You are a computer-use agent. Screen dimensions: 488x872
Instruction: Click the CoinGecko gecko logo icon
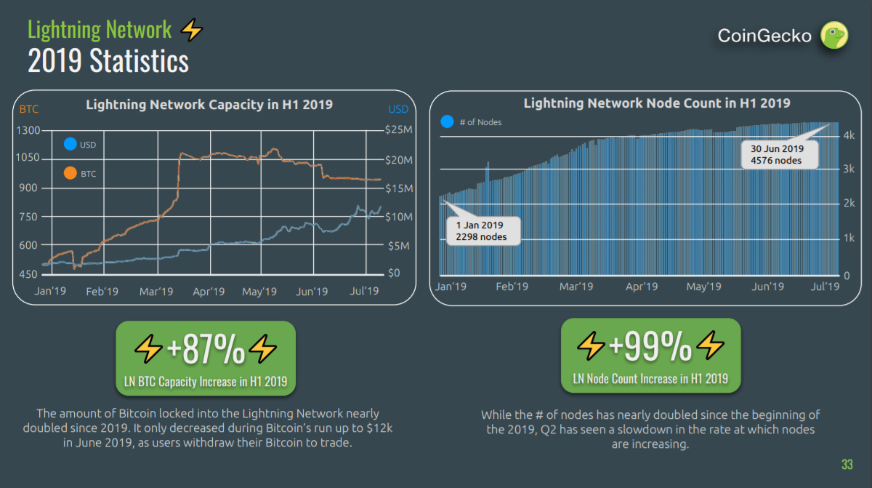click(x=834, y=35)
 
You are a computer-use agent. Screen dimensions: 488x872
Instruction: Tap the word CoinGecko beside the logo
click(x=764, y=36)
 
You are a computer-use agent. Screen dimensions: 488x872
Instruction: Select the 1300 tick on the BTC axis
click(x=31, y=130)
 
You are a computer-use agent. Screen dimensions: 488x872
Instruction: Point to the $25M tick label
click(x=398, y=130)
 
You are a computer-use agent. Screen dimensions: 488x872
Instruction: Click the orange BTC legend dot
click(x=70, y=174)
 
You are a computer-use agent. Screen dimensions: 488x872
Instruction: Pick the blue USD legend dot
click(x=70, y=145)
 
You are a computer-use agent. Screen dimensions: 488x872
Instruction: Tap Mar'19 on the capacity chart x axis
click(x=156, y=292)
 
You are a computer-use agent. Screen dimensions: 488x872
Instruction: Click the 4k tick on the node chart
click(x=848, y=136)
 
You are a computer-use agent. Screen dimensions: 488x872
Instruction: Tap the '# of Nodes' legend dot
click(x=447, y=122)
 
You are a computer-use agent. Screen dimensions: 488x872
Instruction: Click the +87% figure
click(x=206, y=351)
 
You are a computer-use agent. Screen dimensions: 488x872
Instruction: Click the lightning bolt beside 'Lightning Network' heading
click(x=191, y=30)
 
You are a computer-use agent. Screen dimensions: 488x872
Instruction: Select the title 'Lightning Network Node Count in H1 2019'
click(x=656, y=103)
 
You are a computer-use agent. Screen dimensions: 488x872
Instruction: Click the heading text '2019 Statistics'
click(x=108, y=60)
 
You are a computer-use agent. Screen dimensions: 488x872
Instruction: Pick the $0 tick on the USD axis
click(x=394, y=273)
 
